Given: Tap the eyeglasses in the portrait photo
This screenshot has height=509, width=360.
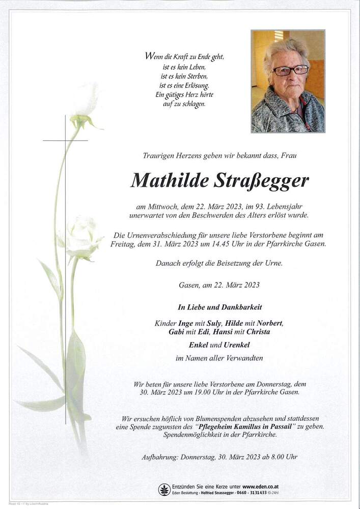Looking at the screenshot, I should tap(290, 70).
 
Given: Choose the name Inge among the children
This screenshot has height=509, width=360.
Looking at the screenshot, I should tap(186, 324).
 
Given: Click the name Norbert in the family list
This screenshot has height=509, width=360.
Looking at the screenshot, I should tap(269, 324).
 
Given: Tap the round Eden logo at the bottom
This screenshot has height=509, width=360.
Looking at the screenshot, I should tap(164, 490).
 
